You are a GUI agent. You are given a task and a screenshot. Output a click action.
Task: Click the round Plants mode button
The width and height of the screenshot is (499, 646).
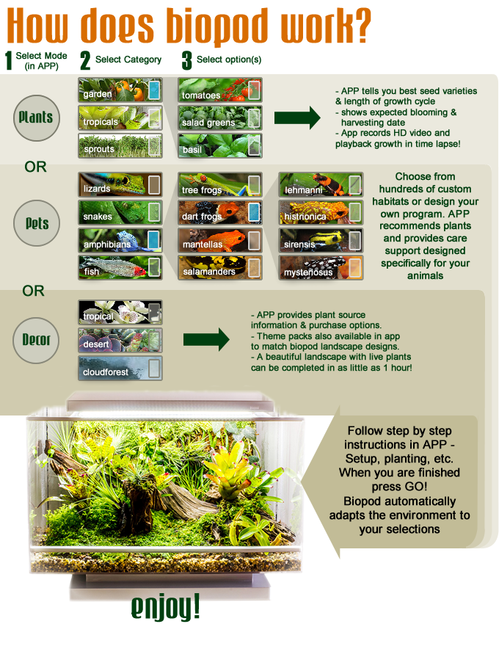click(36, 118)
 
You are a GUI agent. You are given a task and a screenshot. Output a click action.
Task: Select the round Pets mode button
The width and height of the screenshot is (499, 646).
click(36, 223)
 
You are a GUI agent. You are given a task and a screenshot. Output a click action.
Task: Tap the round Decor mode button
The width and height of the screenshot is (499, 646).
click(36, 341)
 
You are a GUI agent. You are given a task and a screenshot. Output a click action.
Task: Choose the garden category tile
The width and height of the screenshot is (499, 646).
click(120, 90)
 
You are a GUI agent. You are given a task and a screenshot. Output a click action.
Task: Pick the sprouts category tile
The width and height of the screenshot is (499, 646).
click(120, 146)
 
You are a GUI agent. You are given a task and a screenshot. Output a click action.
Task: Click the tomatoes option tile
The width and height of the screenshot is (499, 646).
click(220, 90)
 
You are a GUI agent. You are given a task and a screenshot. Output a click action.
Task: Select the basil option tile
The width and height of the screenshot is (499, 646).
click(220, 146)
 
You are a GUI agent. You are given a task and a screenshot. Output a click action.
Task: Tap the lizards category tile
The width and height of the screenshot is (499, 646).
click(120, 184)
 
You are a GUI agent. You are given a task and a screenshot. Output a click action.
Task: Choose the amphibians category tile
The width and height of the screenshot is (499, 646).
click(120, 240)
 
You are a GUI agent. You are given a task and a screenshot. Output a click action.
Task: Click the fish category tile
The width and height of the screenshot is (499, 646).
click(120, 268)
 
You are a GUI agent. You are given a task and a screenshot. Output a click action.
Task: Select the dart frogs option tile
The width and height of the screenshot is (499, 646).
click(220, 213)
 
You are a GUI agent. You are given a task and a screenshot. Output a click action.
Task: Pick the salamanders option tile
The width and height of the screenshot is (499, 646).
click(220, 268)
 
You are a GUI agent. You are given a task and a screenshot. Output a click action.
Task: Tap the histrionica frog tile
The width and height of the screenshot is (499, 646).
click(321, 213)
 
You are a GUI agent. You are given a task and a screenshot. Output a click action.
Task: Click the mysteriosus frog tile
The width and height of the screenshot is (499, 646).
click(321, 268)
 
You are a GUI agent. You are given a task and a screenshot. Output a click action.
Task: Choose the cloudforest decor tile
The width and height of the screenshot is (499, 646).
click(120, 369)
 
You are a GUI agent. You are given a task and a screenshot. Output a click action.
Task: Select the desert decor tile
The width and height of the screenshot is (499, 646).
click(120, 341)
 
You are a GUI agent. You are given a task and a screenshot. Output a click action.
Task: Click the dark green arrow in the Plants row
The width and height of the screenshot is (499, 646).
click(297, 118)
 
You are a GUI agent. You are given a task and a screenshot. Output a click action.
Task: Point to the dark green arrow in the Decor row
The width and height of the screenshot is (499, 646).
click(206, 339)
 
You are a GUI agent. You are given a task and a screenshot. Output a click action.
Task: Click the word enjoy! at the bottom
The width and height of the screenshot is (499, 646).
click(166, 607)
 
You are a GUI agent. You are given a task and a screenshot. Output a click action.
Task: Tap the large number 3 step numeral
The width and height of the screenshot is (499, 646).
click(186, 60)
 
